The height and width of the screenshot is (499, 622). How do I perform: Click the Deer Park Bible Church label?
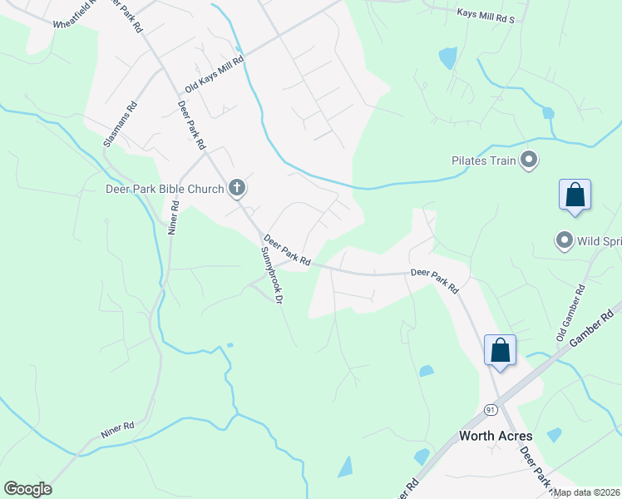click(165, 189)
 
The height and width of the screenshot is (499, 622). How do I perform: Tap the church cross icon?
click(237, 188)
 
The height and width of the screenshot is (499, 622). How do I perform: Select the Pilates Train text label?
click(484, 160)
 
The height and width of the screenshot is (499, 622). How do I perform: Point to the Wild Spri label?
click(599, 241)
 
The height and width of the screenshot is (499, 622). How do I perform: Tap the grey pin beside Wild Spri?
click(565, 241)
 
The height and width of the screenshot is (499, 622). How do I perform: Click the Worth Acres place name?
click(496, 436)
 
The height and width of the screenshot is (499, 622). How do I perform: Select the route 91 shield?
click(491, 409)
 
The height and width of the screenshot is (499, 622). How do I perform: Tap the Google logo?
click(27, 489)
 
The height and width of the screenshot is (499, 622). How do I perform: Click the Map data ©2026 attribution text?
click(587, 492)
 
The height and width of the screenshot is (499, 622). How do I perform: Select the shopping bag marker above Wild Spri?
click(575, 196)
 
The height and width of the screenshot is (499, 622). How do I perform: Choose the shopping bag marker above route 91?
click(500, 350)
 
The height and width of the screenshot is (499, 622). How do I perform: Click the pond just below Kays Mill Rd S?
click(448, 57)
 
